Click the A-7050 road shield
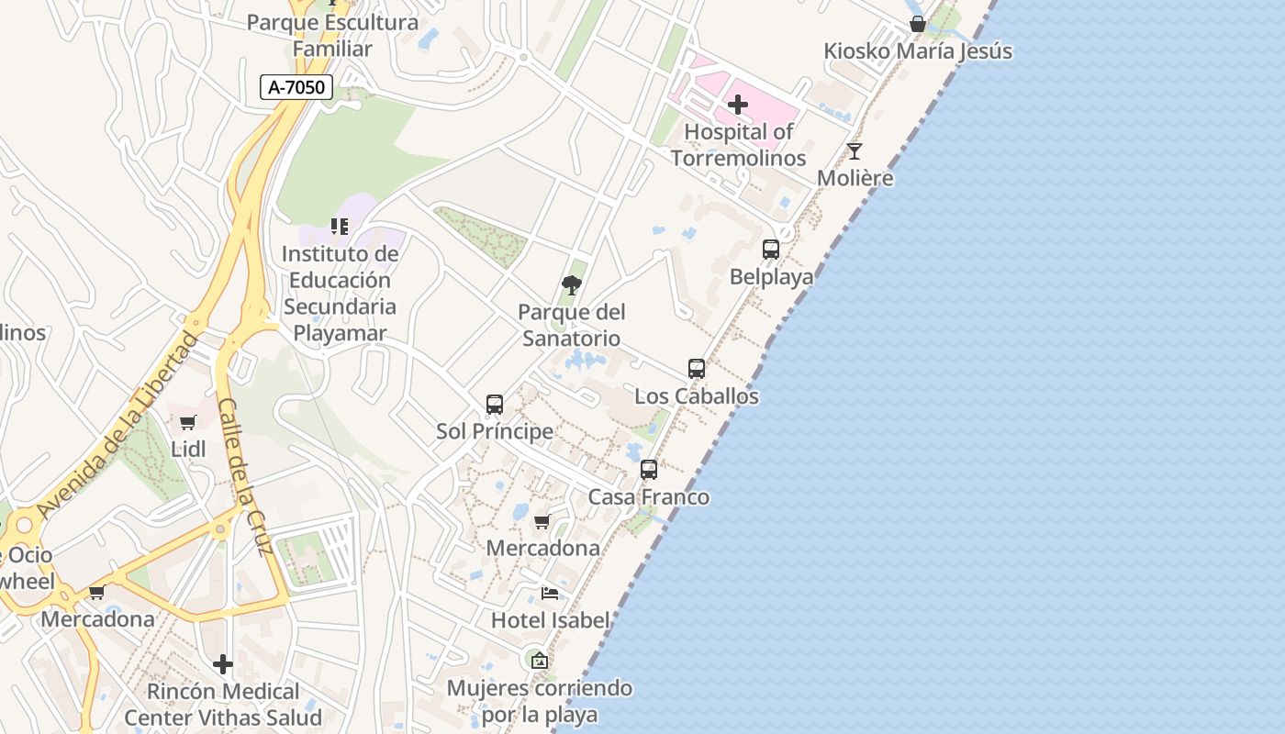click(x=296, y=87)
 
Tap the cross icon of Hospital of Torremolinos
click(x=738, y=105)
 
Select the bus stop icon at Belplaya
click(x=771, y=249)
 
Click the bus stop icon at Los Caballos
click(x=697, y=369)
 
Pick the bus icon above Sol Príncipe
click(x=495, y=404)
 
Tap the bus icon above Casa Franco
click(x=649, y=470)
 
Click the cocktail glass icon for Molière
click(x=855, y=151)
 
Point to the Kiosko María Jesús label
click(x=918, y=51)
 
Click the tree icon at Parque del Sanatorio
click(x=572, y=284)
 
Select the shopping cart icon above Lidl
click(x=188, y=422)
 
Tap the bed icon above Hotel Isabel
click(x=550, y=594)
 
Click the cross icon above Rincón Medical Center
click(x=223, y=664)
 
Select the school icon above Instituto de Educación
click(x=340, y=226)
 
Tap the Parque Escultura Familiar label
click(x=332, y=36)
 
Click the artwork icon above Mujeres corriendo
click(x=540, y=660)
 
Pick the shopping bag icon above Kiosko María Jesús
click(x=917, y=24)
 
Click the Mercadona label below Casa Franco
click(x=542, y=548)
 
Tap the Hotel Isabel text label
click(x=550, y=620)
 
